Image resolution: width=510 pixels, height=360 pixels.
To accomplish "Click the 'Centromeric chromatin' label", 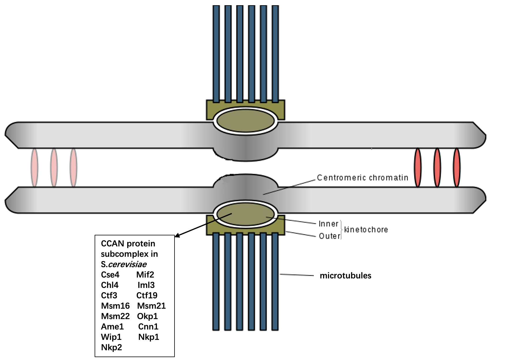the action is pyautogui.click(x=362, y=177).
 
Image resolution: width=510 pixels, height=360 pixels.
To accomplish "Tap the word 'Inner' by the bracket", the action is pyautogui.click(x=328, y=224).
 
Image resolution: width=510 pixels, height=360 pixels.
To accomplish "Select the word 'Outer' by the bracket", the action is pyautogui.click(x=329, y=236).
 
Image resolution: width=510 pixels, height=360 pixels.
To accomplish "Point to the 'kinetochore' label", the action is pyautogui.click(x=366, y=230).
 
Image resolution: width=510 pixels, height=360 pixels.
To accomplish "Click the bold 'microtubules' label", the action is pyautogui.click(x=346, y=275).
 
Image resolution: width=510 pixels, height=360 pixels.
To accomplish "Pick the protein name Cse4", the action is pyautogui.click(x=110, y=275).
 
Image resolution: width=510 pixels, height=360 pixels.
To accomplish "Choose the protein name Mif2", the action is pyautogui.click(x=145, y=275).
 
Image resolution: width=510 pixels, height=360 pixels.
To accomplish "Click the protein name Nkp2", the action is pyautogui.click(x=111, y=347).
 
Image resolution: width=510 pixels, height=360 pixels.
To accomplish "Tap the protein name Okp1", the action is pyautogui.click(x=147, y=316).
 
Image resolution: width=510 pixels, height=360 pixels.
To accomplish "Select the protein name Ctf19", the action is pyautogui.click(x=147, y=295).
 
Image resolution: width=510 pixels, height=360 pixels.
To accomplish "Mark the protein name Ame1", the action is pyautogui.click(x=112, y=327).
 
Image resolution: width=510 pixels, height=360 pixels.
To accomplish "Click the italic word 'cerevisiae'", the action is pyautogui.click(x=127, y=264).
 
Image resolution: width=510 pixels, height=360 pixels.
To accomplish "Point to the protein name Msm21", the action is pyautogui.click(x=151, y=306).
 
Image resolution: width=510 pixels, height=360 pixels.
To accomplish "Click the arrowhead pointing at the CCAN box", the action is pyautogui.click(x=177, y=236).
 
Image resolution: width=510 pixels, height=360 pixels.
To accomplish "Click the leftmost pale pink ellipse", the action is pyautogui.click(x=34, y=168).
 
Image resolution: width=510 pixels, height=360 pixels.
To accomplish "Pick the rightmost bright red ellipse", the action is pyautogui.click(x=456, y=168).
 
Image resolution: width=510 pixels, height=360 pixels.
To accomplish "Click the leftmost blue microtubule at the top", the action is pyautogui.click(x=216, y=54).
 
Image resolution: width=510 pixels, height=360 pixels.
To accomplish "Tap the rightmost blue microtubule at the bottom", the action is pyautogui.click(x=275, y=282).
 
